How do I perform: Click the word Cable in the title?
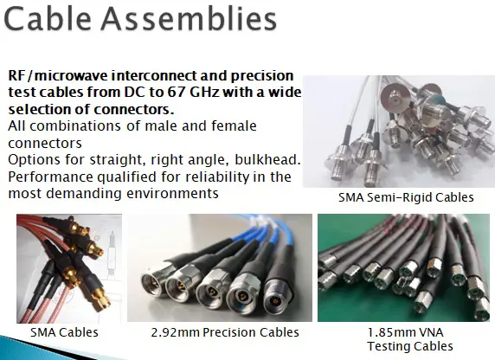click(48, 19)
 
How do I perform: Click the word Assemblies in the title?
click(189, 19)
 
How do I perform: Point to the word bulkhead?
click(267, 160)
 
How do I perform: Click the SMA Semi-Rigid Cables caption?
click(406, 197)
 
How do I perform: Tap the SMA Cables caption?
click(64, 332)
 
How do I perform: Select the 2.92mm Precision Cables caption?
click(225, 332)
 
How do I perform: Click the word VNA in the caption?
click(427, 332)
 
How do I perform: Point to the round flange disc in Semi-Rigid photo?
click(395, 97)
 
